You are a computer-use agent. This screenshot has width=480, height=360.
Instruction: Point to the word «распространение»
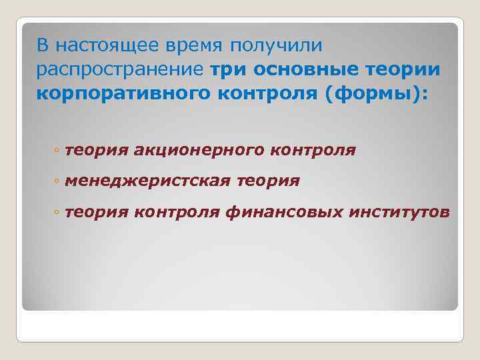[121, 69]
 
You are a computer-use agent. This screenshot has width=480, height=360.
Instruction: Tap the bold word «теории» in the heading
[408, 69]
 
